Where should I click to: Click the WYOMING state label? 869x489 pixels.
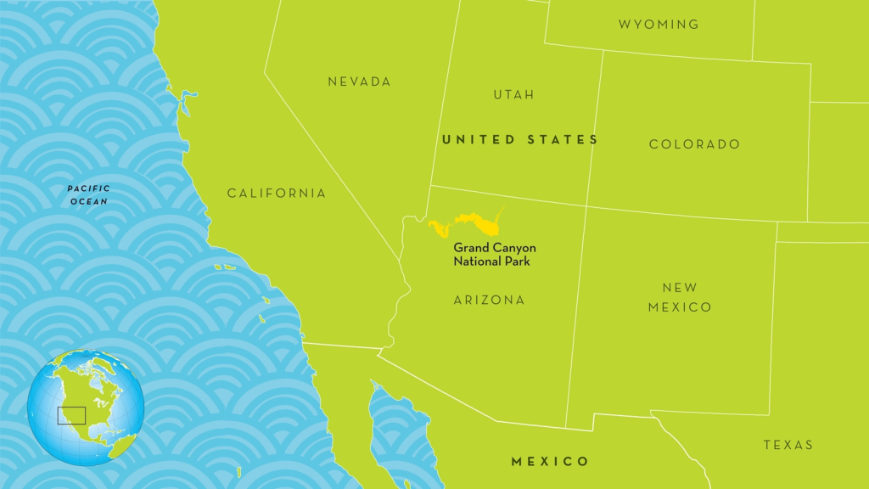[x=659, y=24]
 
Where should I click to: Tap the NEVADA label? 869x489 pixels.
[x=359, y=81]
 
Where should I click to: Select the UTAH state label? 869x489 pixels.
[x=514, y=94]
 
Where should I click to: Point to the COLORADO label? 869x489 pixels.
[x=694, y=144]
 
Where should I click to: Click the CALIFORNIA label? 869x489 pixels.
[x=276, y=194]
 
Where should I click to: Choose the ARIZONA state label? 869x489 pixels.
[x=489, y=300]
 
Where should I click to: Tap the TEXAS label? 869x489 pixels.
[x=788, y=445]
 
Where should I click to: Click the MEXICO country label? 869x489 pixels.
[x=550, y=462]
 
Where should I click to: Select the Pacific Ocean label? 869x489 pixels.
[x=88, y=194]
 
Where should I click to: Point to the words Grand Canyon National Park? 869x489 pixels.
[x=494, y=255]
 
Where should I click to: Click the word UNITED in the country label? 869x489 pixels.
[x=478, y=139]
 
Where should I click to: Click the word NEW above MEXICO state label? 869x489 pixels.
[x=679, y=289]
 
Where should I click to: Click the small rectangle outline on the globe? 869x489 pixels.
[x=71, y=415]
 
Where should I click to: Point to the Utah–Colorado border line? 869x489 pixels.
[x=595, y=127]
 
